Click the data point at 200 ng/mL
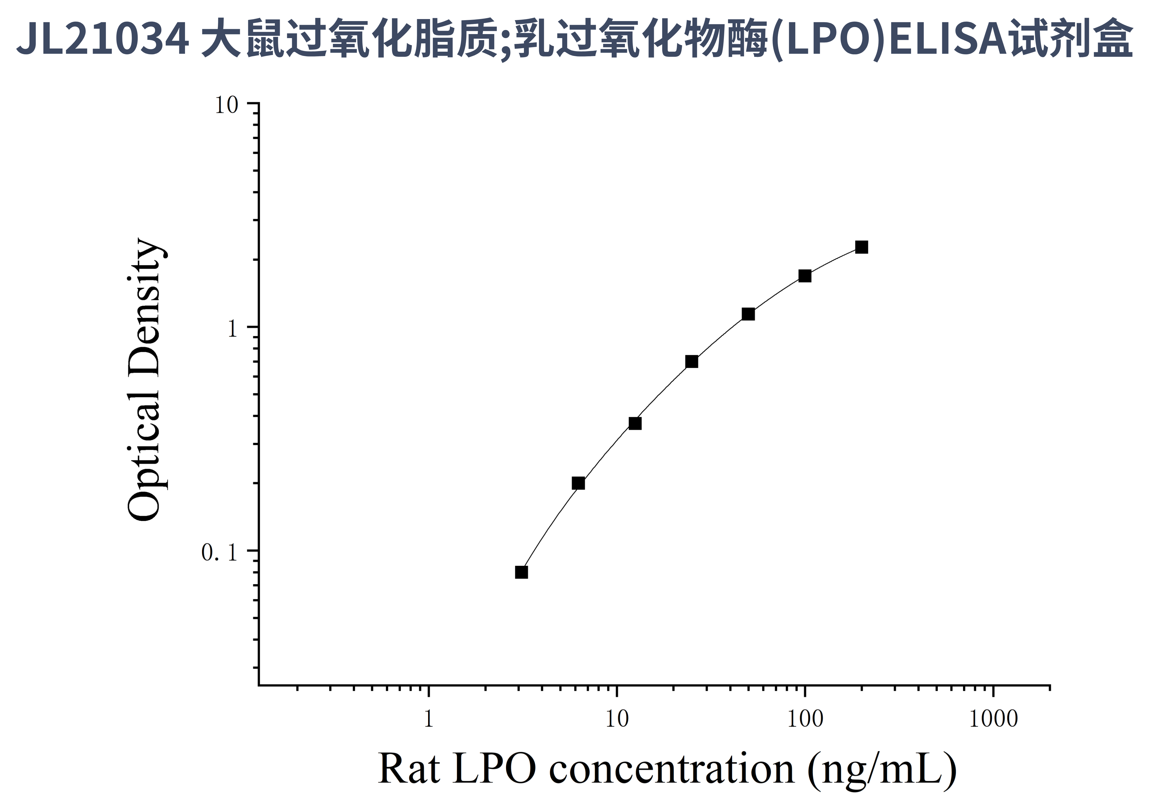[862, 247]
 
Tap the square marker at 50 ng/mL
[748, 314]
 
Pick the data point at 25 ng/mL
[692, 362]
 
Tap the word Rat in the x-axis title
[408, 769]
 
